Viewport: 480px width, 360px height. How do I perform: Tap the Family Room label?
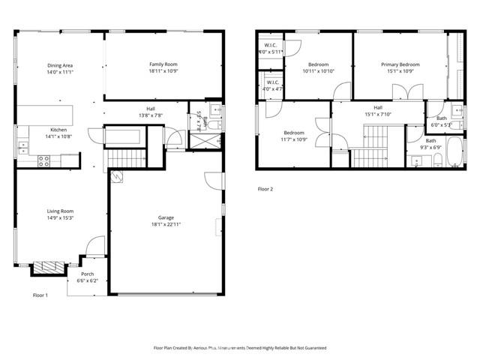162,65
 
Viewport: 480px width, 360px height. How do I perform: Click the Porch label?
88,274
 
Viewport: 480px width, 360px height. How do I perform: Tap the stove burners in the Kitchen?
43,159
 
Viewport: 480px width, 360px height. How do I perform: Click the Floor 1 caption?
40,295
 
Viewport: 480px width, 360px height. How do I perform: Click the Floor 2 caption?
265,189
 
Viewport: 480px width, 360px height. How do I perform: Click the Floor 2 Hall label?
378,108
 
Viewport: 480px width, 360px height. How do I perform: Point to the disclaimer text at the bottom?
239,348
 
